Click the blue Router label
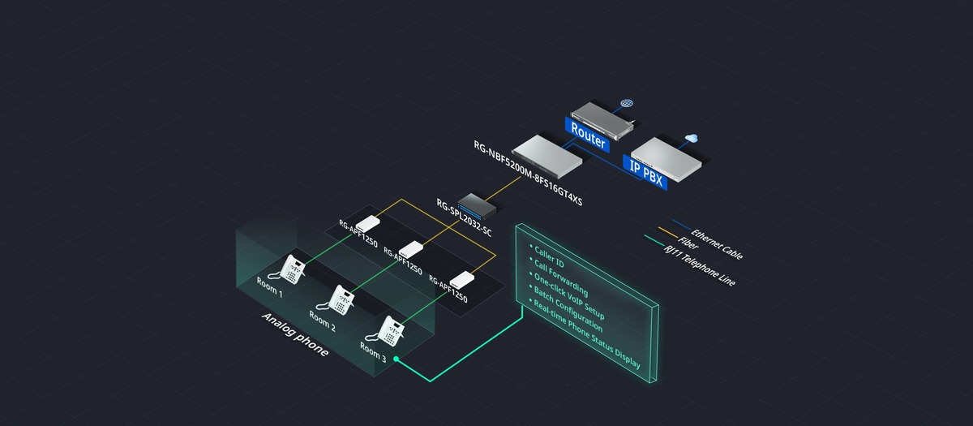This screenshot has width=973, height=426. [588, 135]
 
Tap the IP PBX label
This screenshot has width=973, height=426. [645, 168]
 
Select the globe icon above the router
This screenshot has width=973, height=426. [626, 105]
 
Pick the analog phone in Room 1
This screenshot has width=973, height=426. [293, 267]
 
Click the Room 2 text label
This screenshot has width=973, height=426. [322, 323]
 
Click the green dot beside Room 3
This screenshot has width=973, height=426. [396, 358]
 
